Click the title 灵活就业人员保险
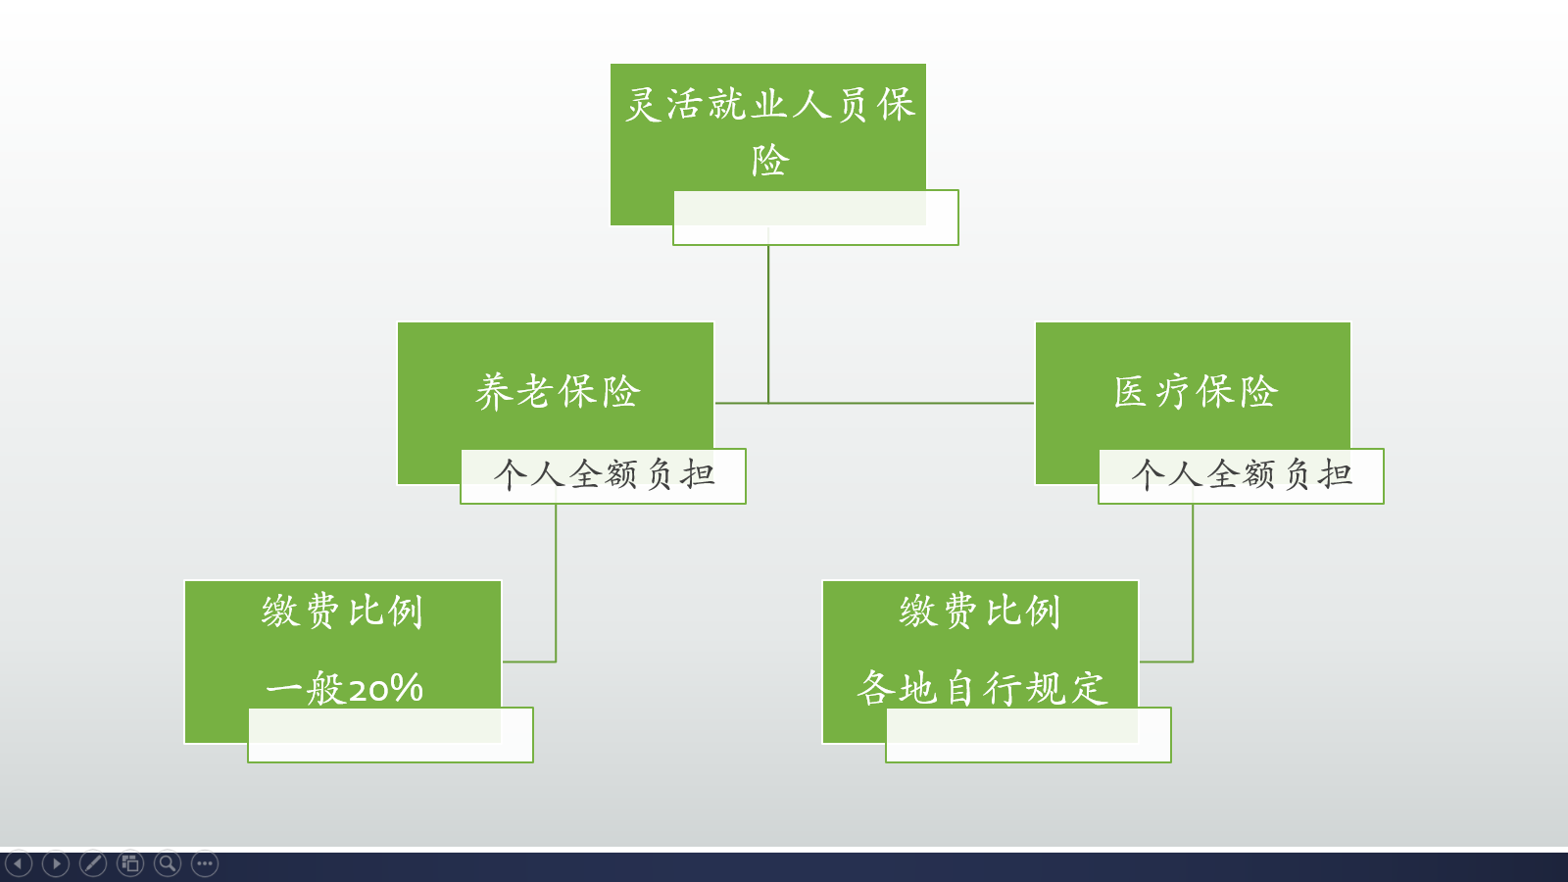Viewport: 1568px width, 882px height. (x=769, y=105)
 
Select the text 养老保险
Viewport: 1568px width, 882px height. (x=557, y=392)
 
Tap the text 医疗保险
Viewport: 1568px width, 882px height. (x=1195, y=392)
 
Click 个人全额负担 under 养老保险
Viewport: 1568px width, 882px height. (x=604, y=475)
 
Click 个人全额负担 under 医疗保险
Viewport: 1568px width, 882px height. (x=1242, y=475)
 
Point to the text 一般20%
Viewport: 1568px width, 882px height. (x=344, y=688)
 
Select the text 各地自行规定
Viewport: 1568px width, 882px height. (x=981, y=688)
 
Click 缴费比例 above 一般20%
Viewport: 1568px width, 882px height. (x=342, y=612)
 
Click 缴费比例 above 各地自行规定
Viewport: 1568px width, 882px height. (x=980, y=612)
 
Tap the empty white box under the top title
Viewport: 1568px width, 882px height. (x=815, y=219)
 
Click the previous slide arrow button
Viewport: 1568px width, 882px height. (x=19, y=863)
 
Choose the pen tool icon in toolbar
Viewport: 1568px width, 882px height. (x=93, y=863)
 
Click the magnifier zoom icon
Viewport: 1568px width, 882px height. (x=168, y=863)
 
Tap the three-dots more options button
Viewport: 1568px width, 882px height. (x=205, y=863)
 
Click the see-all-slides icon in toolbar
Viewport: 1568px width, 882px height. (x=130, y=863)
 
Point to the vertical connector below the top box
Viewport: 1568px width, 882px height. (x=768, y=323)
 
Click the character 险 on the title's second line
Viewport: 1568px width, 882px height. (x=769, y=161)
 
